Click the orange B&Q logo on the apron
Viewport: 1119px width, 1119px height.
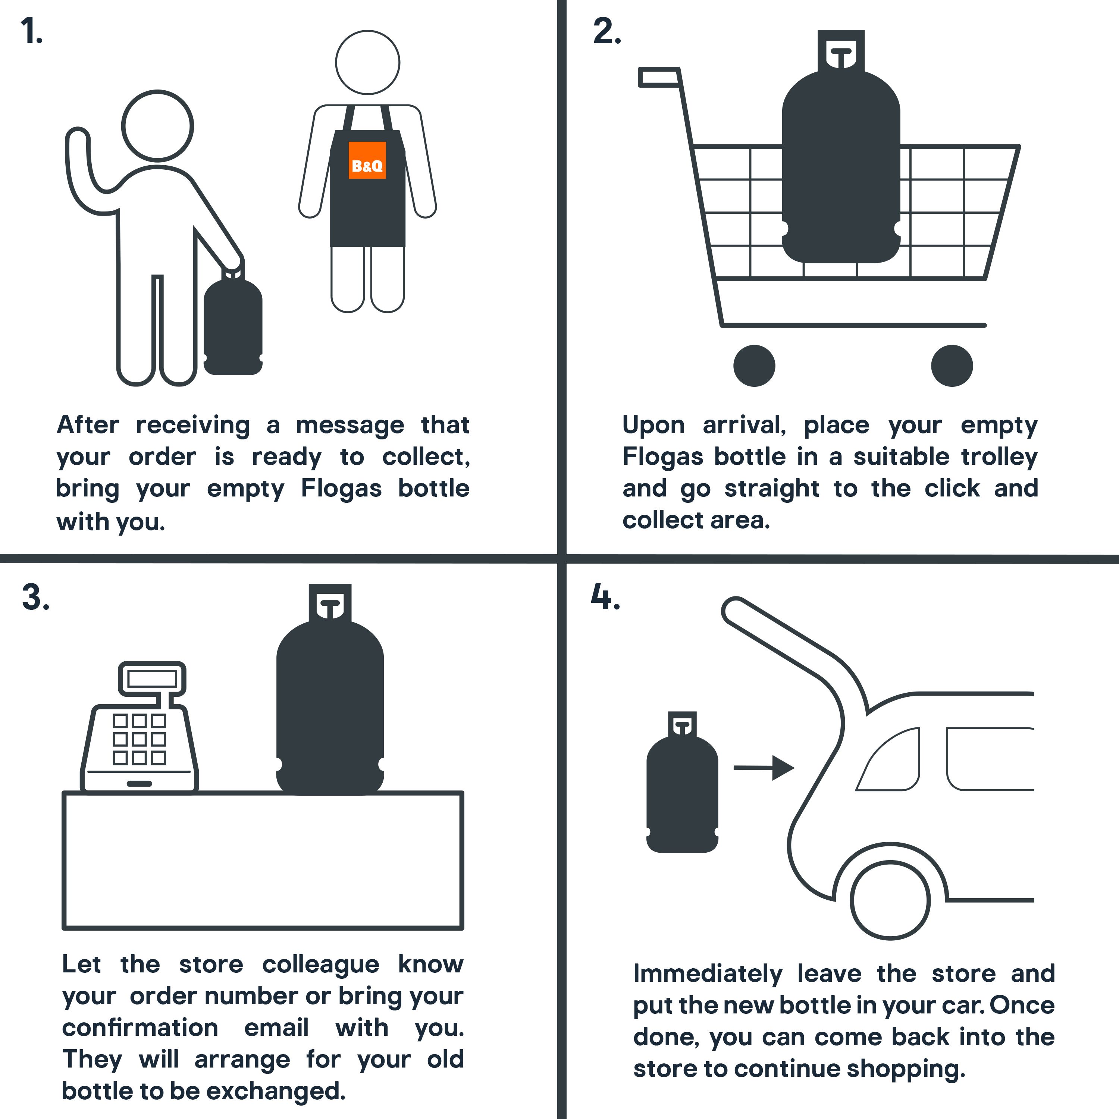click(367, 160)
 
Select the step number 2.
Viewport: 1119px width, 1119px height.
click(606, 31)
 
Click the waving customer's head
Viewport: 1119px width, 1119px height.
click(157, 126)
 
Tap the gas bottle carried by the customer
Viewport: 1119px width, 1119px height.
click(233, 326)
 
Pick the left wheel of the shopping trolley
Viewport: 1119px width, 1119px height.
click(754, 366)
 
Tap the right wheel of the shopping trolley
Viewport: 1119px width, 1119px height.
click(952, 366)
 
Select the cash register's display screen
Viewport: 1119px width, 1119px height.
click(152, 678)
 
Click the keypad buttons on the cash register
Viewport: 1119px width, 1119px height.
click(139, 739)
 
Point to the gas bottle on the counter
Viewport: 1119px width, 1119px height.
click(330, 706)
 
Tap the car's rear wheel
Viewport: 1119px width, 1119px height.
click(890, 901)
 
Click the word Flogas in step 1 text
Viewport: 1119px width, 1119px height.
click(341, 488)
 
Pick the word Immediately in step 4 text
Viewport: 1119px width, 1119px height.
click(707, 974)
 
